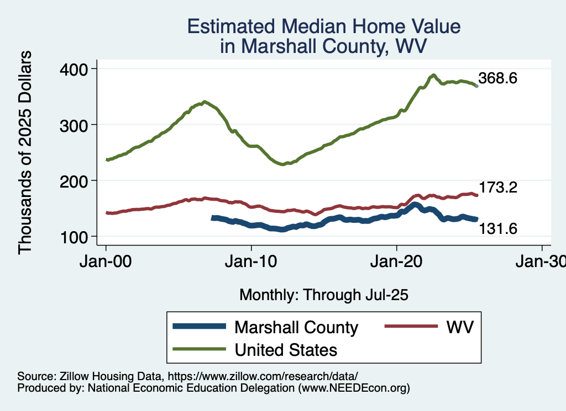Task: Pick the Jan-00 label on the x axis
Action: [106, 263]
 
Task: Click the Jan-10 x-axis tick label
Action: [251, 263]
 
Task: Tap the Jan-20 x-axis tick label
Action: [397, 263]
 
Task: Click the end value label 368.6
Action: [497, 78]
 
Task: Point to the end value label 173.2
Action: [497, 188]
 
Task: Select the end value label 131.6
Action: [497, 227]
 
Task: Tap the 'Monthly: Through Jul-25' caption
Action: [323, 295]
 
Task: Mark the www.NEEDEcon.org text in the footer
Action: [354, 388]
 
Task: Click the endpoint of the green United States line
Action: [476, 86]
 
